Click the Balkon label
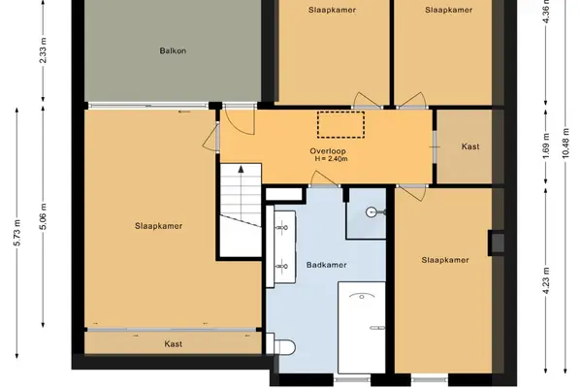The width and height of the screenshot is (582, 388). tap(173, 50)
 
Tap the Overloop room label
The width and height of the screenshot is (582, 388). tap(328, 151)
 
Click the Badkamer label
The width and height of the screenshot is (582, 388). tap(327, 265)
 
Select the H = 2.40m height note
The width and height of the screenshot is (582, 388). tap(331, 159)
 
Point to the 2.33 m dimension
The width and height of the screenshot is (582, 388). tap(43, 50)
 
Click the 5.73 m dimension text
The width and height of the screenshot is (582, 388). tap(17, 233)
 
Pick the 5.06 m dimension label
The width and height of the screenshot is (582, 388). tap(43, 216)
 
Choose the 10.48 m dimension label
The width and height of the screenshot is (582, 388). tap(566, 143)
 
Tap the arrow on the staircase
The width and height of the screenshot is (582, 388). tap(241, 192)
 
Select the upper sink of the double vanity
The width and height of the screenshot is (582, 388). tap(283, 227)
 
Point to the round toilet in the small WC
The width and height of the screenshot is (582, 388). tap(372, 212)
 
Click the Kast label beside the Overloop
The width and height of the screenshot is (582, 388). tap(470, 146)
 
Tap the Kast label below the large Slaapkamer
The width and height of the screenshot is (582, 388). tap(173, 344)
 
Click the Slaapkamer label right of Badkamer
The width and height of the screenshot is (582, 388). tap(445, 260)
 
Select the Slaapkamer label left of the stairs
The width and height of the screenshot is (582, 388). tap(158, 226)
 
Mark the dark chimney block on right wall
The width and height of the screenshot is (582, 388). tap(497, 242)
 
